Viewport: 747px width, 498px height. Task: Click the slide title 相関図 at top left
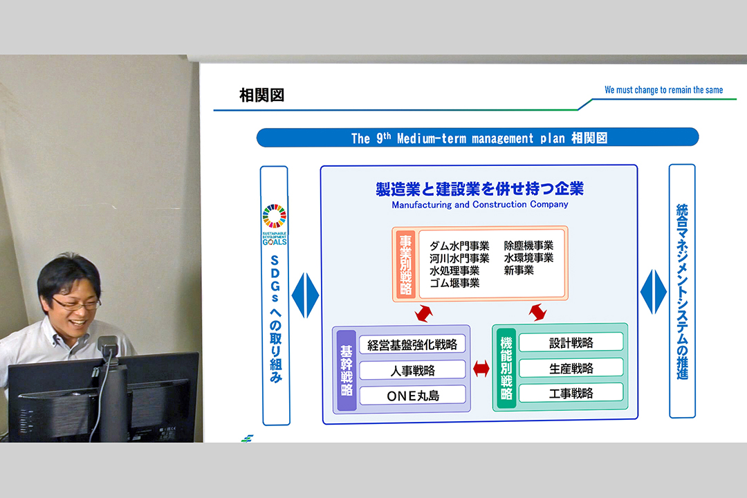coord(261,95)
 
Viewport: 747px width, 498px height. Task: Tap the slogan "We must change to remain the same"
coord(663,90)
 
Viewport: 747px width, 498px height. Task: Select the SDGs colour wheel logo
coord(275,216)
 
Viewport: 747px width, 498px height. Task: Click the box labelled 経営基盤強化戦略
coord(412,344)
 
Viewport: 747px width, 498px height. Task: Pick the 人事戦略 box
coord(412,370)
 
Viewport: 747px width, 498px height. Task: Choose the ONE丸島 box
coord(412,395)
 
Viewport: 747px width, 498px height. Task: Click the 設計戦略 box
coord(571,342)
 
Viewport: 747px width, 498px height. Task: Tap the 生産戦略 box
coord(571,368)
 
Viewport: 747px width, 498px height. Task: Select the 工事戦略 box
coord(571,393)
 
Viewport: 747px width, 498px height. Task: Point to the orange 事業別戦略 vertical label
coord(405,264)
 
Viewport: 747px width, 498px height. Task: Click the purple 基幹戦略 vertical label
coord(347,370)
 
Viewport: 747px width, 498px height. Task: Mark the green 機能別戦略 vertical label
coord(506,368)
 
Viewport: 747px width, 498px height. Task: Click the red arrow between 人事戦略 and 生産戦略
coord(481,369)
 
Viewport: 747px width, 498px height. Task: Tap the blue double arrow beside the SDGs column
coord(305,295)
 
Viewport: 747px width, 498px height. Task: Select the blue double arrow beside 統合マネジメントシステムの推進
coord(654,292)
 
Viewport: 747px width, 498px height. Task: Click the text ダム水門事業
coord(459,246)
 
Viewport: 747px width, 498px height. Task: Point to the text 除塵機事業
coord(529,246)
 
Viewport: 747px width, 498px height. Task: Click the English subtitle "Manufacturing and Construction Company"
coord(480,205)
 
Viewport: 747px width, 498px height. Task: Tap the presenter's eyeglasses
coord(75,304)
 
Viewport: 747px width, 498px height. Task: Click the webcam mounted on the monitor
coord(108,346)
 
